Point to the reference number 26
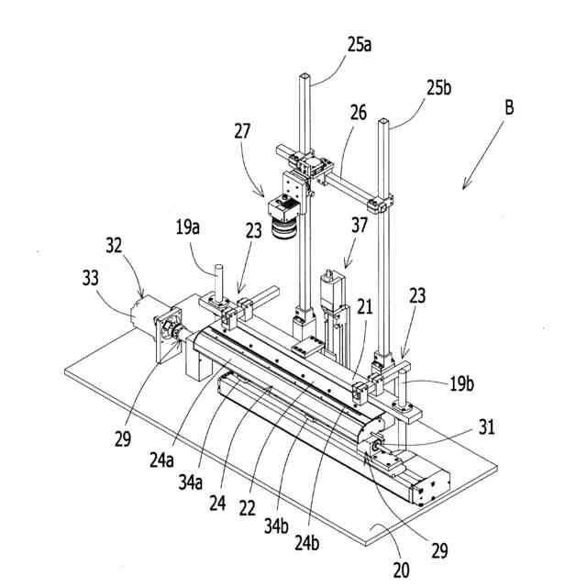(358, 113)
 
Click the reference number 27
(242, 130)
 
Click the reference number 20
(401, 570)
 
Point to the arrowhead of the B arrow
(464, 188)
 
